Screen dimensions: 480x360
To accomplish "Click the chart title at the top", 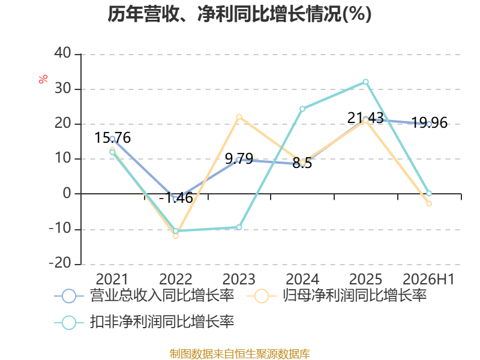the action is point(239,14).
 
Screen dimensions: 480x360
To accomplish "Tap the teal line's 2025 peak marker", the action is point(365,82).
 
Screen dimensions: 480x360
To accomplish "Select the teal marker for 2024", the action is point(302,109).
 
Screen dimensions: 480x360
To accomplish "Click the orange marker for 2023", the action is point(239,117).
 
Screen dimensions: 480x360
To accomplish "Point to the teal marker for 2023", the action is point(239,227).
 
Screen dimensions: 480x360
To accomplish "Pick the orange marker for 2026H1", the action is point(429,203).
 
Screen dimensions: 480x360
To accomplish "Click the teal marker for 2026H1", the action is point(429,193).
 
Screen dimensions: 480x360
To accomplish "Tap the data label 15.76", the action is point(112,138).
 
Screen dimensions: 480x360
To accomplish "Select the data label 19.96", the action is point(429,123).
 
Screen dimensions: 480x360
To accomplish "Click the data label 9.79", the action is point(239,158).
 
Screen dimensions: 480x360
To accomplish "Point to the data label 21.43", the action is point(365,118).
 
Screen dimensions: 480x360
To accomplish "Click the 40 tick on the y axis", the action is point(62,53).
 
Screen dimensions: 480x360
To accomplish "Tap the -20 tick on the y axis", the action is point(60,263).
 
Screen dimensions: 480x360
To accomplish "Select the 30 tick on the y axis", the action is point(62,89).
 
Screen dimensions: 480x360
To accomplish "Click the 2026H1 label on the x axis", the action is point(428,279).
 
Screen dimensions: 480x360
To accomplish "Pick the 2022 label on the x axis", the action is point(176,279).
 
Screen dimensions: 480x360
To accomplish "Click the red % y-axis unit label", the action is point(43,79).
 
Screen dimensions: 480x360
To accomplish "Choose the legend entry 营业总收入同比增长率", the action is point(144,296).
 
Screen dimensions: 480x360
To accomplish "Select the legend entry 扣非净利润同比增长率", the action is point(144,322).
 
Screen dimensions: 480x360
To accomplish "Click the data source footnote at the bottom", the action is point(239,354).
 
